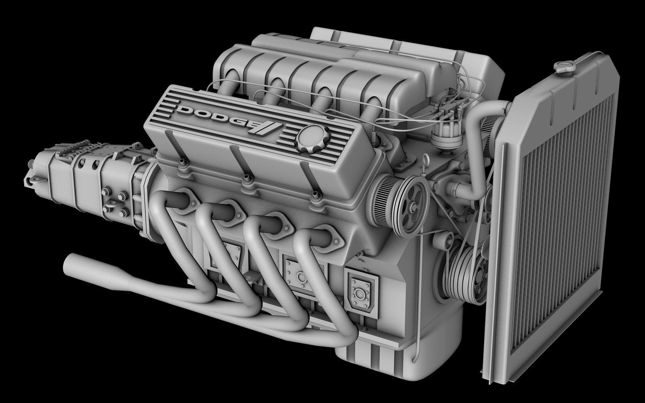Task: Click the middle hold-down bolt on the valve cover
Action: click(245, 179)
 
